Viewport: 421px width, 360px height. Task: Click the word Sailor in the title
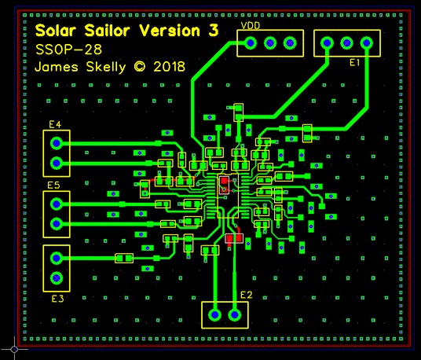tap(108, 31)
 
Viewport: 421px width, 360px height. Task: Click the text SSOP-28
tap(69, 50)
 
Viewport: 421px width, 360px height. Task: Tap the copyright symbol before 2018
tap(140, 67)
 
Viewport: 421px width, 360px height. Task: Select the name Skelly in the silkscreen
tap(106, 67)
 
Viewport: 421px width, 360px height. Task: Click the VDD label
tap(251, 26)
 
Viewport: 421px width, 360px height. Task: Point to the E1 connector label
tap(354, 63)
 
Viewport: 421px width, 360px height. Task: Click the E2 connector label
tap(246, 295)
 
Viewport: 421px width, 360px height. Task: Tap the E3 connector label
tap(57, 299)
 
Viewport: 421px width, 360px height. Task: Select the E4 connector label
tap(55, 124)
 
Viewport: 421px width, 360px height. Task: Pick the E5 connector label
tap(53, 185)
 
